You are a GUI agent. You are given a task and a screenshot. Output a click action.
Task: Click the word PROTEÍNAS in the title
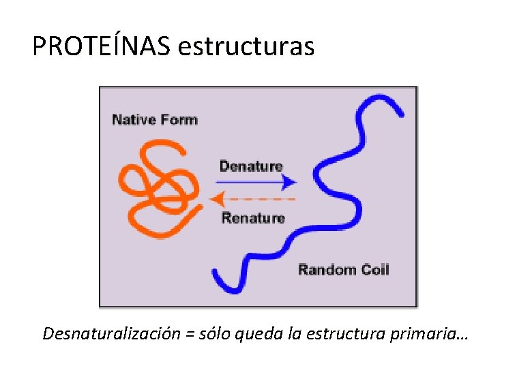click(102, 46)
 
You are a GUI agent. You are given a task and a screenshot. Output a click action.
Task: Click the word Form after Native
click(179, 120)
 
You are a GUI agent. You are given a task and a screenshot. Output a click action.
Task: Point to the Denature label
click(251, 166)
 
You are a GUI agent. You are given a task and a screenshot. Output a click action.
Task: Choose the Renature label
click(253, 218)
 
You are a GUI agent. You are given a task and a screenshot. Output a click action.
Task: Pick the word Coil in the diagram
click(374, 269)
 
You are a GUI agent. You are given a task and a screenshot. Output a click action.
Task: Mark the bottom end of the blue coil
click(218, 275)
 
